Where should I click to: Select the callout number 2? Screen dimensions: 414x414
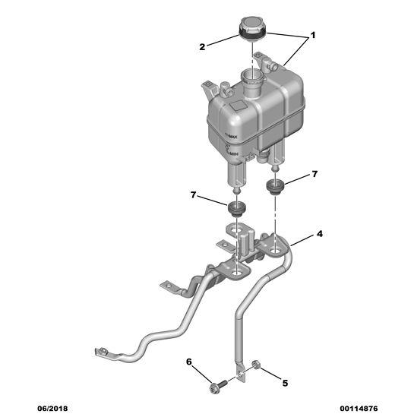203,47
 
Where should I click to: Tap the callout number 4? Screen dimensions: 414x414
319,234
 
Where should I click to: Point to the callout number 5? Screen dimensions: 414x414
285,383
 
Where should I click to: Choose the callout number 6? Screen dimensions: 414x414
189,362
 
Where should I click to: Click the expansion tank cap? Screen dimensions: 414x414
251,28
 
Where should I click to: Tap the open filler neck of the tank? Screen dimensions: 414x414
249,76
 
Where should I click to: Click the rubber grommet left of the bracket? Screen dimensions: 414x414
239,208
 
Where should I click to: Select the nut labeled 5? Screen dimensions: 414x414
258,370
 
